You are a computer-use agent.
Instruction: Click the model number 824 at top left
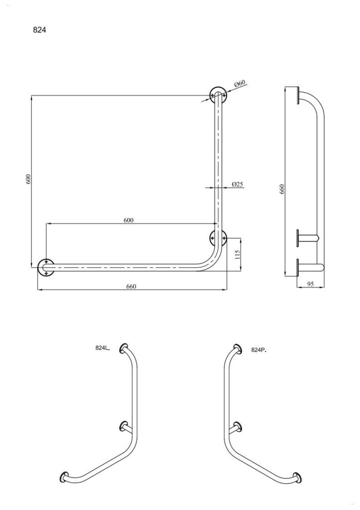[39, 29]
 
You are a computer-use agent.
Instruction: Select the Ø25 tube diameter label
[238, 184]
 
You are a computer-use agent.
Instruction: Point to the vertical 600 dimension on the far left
[28, 180]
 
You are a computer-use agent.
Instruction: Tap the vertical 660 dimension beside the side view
[281, 189]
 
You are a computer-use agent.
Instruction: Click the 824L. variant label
[103, 349]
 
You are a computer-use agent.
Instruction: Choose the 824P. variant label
[259, 350]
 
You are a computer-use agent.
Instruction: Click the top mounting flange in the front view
[218, 94]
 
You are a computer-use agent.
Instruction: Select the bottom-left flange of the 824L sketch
[65, 477]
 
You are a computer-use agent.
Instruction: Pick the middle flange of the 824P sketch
[238, 426]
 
